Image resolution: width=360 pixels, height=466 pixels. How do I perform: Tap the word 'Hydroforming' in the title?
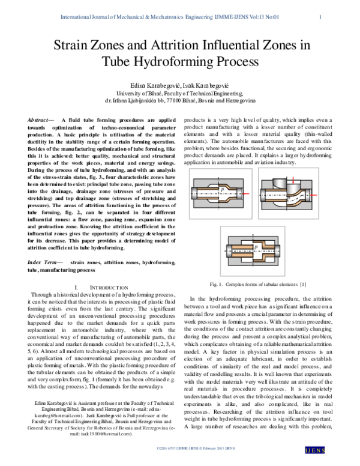(182, 62)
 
